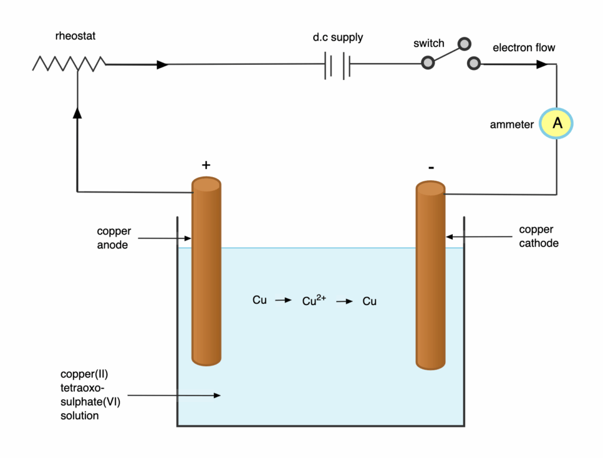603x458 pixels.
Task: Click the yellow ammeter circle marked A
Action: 557,124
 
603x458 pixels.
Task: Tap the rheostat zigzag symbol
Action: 69,64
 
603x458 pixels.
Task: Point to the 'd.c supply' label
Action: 337,38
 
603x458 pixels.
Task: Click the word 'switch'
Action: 429,44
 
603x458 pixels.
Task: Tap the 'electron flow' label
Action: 524,48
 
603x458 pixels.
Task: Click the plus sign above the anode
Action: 206,165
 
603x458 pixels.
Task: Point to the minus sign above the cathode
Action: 431,168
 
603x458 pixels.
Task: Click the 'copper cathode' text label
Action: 538,236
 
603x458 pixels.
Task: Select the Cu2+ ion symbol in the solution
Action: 314,300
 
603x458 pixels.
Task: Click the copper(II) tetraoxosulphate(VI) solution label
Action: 88,395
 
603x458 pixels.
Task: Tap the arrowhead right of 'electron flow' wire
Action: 542,64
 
